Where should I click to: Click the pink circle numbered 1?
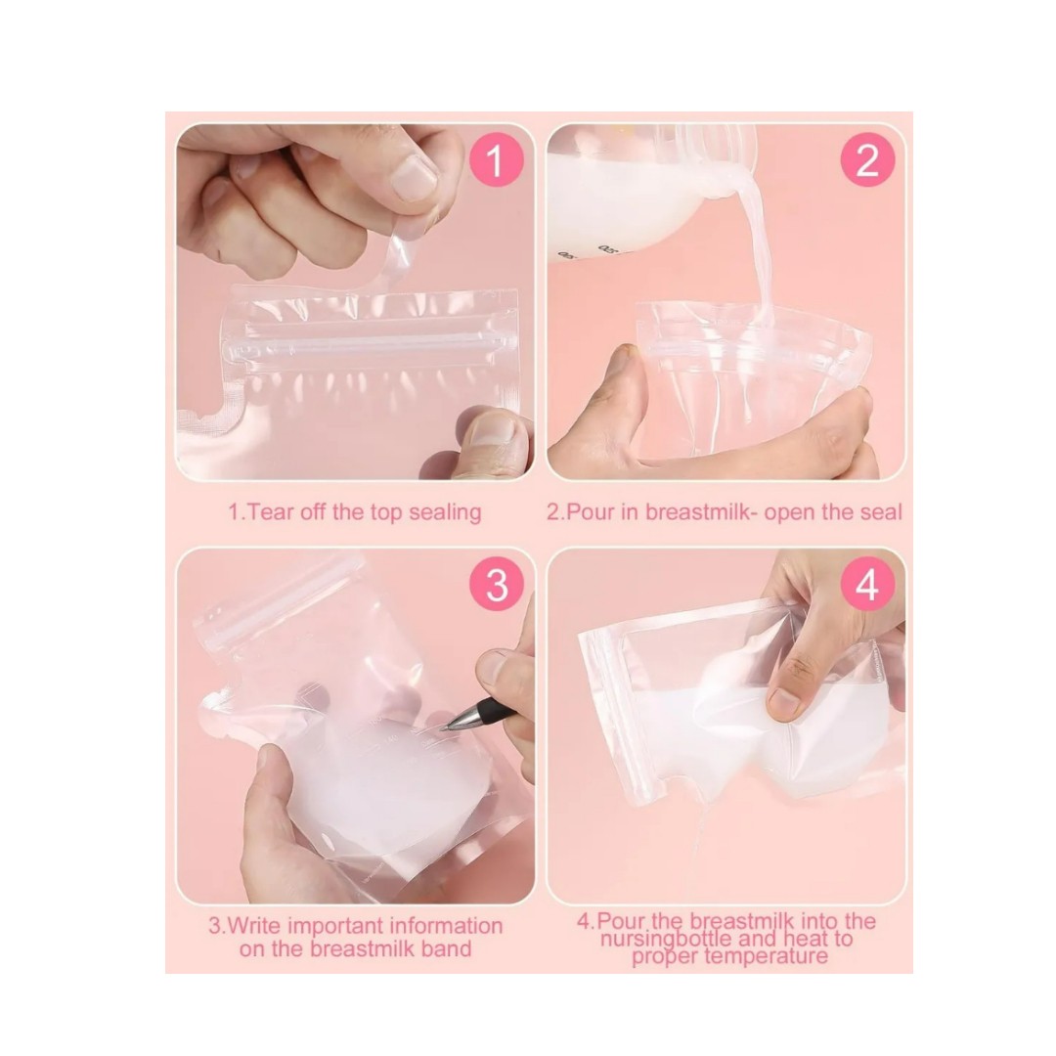(x=495, y=160)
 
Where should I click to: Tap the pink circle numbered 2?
(x=867, y=160)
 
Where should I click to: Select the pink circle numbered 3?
(x=497, y=585)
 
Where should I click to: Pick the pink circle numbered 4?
(x=867, y=585)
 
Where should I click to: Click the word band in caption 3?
(x=445, y=948)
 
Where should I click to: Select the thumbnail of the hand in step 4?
(x=785, y=701)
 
